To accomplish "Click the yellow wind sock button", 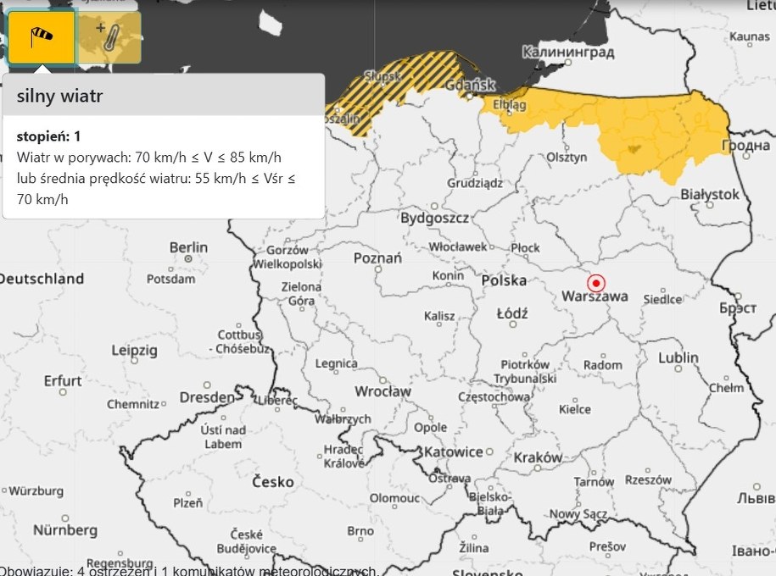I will click(x=42, y=38).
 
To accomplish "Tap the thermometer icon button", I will click(x=109, y=38).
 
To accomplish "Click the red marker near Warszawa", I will click(x=596, y=283).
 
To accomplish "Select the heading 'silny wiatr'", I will click(x=59, y=97).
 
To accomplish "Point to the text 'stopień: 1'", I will click(x=47, y=136).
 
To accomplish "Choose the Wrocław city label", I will click(x=383, y=391).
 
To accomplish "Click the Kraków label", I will click(x=538, y=457).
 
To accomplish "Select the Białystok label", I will click(x=710, y=194).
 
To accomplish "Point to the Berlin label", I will click(x=188, y=247).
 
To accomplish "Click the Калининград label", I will click(x=567, y=53).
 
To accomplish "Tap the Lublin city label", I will click(x=678, y=357).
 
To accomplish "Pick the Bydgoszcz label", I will click(x=436, y=218).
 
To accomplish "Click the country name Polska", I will click(x=504, y=280).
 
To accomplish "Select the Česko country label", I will click(x=273, y=482).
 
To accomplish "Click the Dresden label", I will click(x=207, y=397).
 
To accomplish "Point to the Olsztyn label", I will click(x=567, y=157).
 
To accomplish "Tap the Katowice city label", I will click(x=454, y=451).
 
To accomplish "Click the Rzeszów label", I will click(x=647, y=479).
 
